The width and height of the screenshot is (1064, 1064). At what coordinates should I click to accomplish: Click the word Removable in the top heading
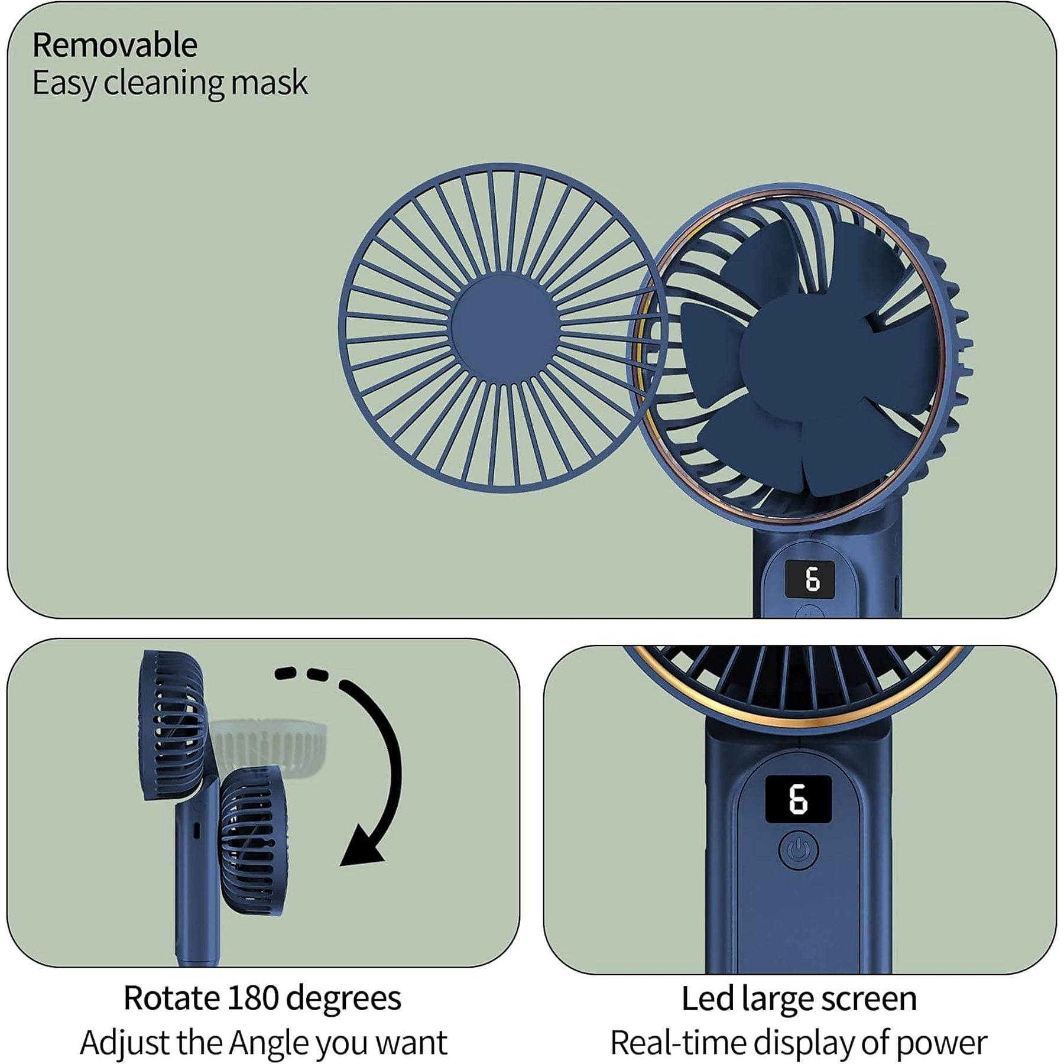115,46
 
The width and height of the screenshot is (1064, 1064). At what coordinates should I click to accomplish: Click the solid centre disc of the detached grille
504,327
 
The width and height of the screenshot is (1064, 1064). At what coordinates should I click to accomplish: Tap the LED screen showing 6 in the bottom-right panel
798,799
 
